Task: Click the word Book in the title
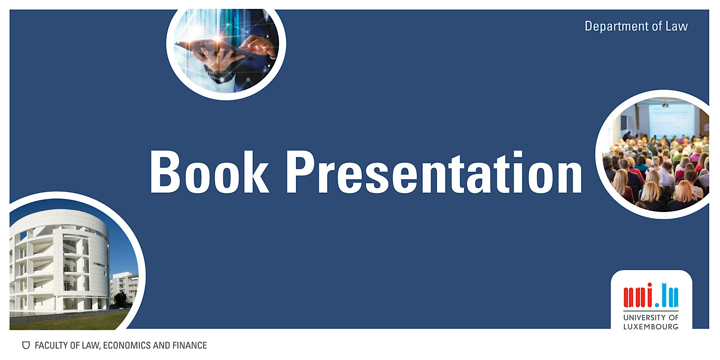click(x=210, y=172)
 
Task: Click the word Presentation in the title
click(x=434, y=172)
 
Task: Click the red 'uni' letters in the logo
click(x=638, y=295)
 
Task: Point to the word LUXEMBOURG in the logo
click(x=651, y=327)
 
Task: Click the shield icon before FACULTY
click(x=26, y=345)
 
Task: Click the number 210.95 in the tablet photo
click(x=207, y=43)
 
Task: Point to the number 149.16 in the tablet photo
click(x=207, y=53)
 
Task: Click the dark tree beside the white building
click(x=120, y=300)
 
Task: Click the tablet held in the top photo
click(x=216, y=49)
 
